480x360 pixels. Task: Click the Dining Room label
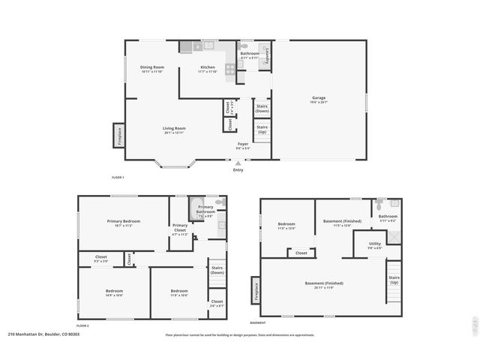(x=151, y=67)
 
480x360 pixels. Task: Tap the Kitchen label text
(x=207, y=67)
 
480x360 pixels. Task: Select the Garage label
(x=319, y=97)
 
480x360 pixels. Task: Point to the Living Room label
(x=174, y=128)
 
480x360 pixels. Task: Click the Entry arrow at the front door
(x=238, y=163)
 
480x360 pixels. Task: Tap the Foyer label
(x=243, y=143)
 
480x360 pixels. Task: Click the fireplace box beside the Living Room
(x=118, y=135)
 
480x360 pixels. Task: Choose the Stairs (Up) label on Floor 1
(x=262, y=129)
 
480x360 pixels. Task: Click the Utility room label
(x=374, y=244)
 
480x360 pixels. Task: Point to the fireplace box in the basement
(x=256, y=291)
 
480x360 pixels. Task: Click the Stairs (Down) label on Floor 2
(x=217, y=270)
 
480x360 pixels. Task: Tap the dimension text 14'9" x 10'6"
(x=114, y=295)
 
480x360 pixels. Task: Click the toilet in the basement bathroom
(x=379, y=203)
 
